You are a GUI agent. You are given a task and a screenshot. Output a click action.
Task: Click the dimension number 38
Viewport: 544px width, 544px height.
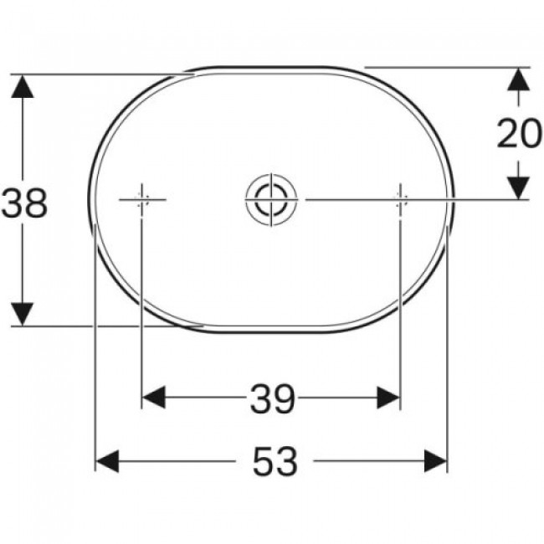coord(24,203)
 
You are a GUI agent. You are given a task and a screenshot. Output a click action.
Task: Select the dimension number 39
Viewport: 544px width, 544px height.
coord(272,398)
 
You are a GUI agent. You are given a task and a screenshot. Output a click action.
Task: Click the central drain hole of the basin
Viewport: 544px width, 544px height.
coord(271,199)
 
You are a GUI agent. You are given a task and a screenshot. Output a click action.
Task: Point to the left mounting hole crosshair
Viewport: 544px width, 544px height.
coord(141,200)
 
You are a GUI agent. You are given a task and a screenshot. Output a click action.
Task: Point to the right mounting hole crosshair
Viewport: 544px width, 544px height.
coord(401,200)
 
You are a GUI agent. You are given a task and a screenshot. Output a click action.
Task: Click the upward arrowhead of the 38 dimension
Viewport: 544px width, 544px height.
coord(23,86)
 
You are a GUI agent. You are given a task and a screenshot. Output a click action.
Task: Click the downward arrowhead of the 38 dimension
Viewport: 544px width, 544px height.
coord(23,315)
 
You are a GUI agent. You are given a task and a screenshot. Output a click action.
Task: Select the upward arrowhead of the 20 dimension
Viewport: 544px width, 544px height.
coord(519,80)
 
